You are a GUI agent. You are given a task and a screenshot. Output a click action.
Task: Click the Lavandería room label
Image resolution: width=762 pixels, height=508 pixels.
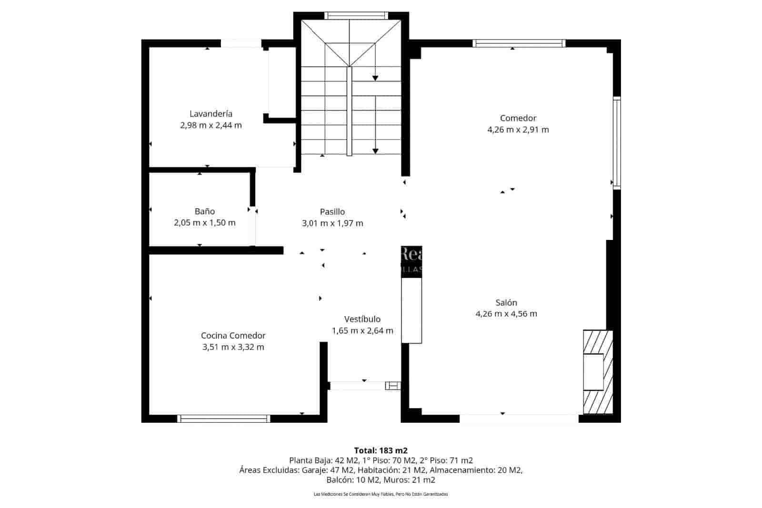211,114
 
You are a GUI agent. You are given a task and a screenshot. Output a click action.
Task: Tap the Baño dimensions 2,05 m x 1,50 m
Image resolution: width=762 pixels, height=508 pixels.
204,223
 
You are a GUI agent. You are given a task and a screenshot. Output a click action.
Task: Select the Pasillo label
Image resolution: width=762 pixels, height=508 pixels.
332,212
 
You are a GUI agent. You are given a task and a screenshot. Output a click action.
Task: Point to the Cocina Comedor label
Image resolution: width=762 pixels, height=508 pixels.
233,336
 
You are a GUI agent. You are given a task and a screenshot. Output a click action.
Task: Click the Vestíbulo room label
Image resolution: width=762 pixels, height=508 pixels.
362,319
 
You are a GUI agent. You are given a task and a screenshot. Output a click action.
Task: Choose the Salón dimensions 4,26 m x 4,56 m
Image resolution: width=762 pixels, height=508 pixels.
506,314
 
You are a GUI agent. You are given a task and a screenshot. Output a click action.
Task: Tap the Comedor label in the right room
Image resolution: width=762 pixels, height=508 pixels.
518,118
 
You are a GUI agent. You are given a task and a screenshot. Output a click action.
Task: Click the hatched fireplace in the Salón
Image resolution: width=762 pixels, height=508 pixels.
598,372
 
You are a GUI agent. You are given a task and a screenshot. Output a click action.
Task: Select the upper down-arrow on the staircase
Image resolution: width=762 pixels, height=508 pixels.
375,78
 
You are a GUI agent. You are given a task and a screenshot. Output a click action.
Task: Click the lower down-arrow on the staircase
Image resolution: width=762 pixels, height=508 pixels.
375,151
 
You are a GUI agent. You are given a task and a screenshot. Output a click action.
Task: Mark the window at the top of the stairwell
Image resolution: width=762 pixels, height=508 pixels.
356,15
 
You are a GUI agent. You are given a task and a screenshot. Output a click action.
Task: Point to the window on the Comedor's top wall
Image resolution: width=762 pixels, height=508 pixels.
519,43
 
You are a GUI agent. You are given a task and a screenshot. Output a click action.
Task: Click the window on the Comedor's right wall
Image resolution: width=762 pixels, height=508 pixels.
616,142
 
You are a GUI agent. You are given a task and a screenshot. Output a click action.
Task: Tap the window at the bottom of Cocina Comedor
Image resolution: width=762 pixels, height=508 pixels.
223,418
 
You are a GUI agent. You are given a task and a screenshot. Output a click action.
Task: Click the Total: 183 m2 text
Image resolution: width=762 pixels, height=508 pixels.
381,450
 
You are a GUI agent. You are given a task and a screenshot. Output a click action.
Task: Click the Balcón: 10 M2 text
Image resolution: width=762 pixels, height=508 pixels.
358,480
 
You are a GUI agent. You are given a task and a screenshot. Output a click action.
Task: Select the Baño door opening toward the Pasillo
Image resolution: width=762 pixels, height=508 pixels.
253,228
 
